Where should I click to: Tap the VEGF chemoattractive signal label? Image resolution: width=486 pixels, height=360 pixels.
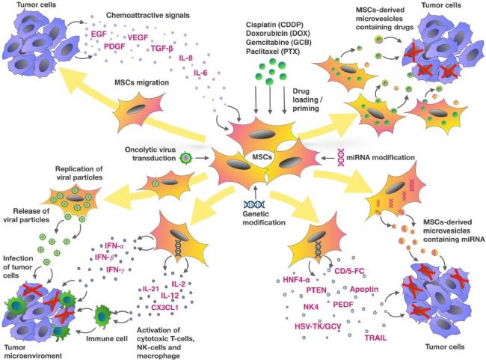[x=137, y=35]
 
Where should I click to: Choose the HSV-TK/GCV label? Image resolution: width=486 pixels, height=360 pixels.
[x=307, y=328]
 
